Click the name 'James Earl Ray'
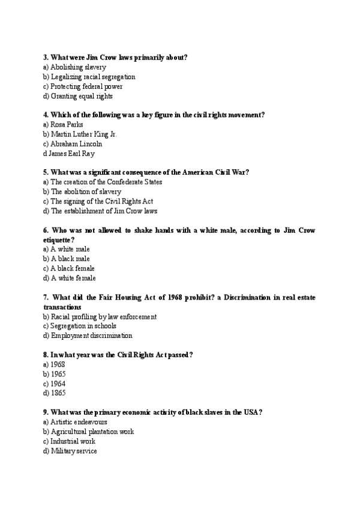click(x=72, y=154)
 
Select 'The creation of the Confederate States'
click(x=106, y=182)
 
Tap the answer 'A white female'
click(x=73, y=278)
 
